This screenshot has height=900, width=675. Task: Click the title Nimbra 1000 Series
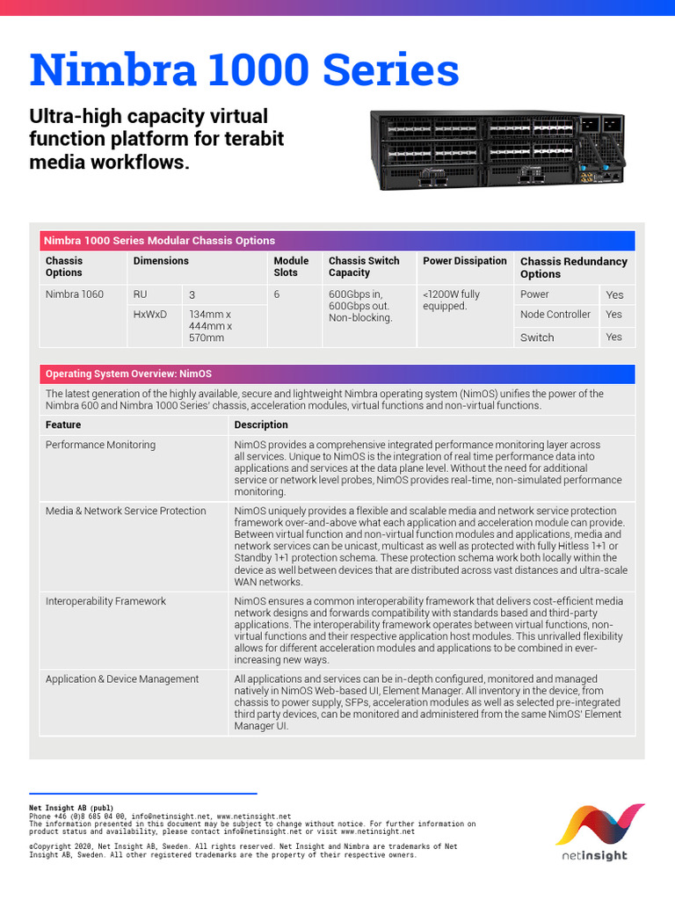[244, 71]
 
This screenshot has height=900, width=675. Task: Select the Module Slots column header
[291, 266]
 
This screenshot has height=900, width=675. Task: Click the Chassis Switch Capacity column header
[364, 266]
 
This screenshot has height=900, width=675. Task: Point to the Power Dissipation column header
[465, 261]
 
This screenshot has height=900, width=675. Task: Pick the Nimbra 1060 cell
[75, 294]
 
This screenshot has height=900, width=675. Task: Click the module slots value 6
[277, 294]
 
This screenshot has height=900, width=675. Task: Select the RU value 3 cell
[192, 294]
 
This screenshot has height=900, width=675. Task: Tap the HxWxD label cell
[149, 314]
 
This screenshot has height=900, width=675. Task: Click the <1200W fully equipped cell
[451, 301]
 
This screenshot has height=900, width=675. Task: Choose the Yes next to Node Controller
[613, 315]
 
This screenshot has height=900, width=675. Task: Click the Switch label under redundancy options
[537, 337]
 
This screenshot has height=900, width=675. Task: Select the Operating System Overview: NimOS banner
[128, 374]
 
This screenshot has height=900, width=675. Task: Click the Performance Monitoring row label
[100, 445]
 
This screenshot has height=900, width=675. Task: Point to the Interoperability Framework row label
[105, 601]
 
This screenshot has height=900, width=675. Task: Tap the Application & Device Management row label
[122, 679]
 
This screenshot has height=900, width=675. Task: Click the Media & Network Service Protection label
[126, 511]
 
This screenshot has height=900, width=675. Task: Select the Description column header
[261, 425]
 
